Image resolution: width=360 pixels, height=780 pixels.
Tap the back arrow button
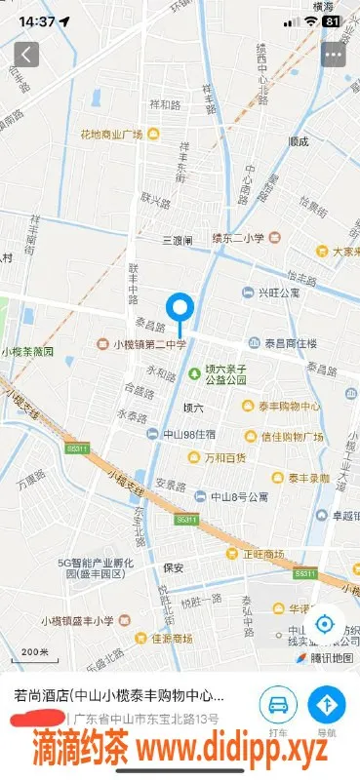click(x=26, y=54)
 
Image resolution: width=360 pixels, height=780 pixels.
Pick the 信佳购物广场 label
click(x=290, y=436)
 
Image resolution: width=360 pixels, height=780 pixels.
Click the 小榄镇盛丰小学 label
click(x=78, y=620)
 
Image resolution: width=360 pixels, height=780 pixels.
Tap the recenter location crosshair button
click(x=326, y=623)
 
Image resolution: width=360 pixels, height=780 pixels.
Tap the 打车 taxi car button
click(x=278, y=706)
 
